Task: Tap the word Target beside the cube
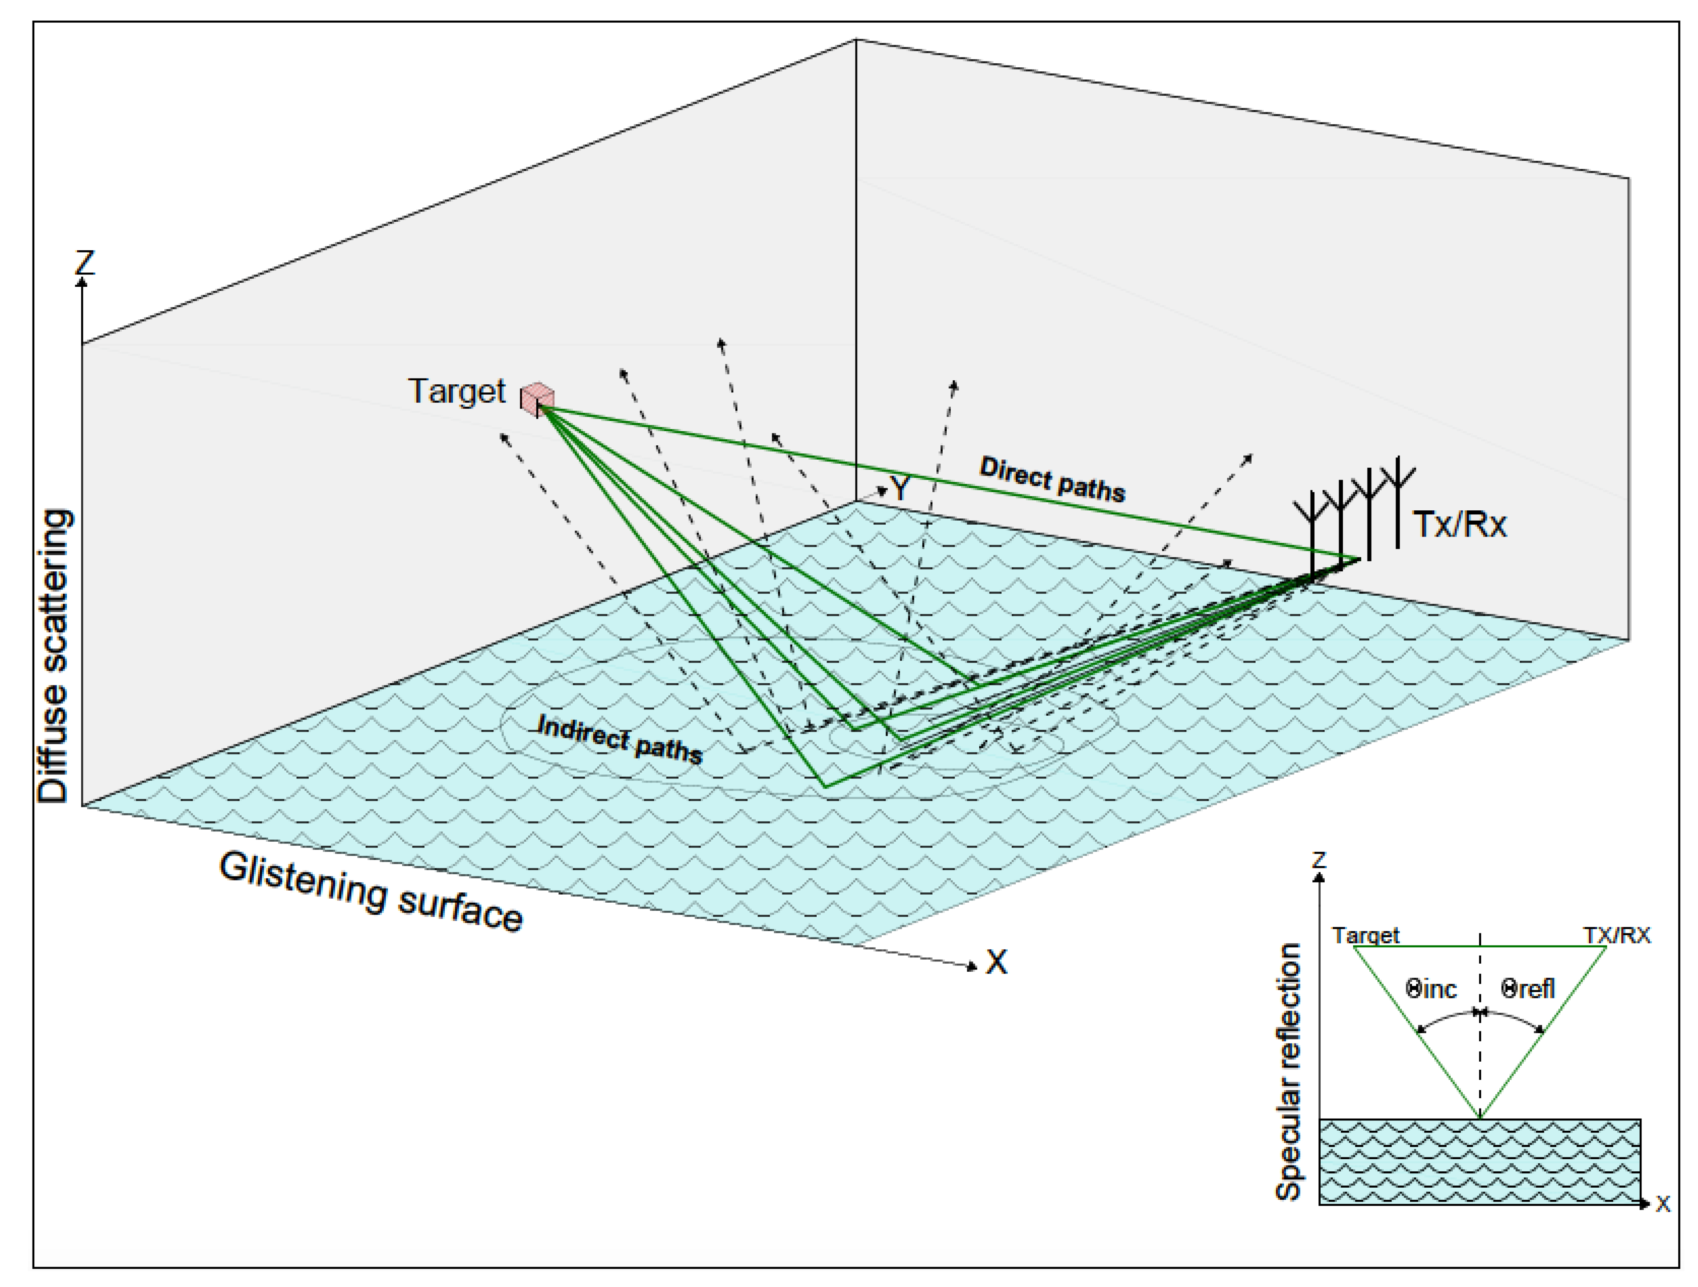tap(457, 391)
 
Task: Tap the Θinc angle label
tap(1431, 989)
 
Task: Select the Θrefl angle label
tap(1528, 989)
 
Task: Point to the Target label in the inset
tap(1366, 935)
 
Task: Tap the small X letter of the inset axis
tap(1663, 1204)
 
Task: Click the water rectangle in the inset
tap(1479, 1161)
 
